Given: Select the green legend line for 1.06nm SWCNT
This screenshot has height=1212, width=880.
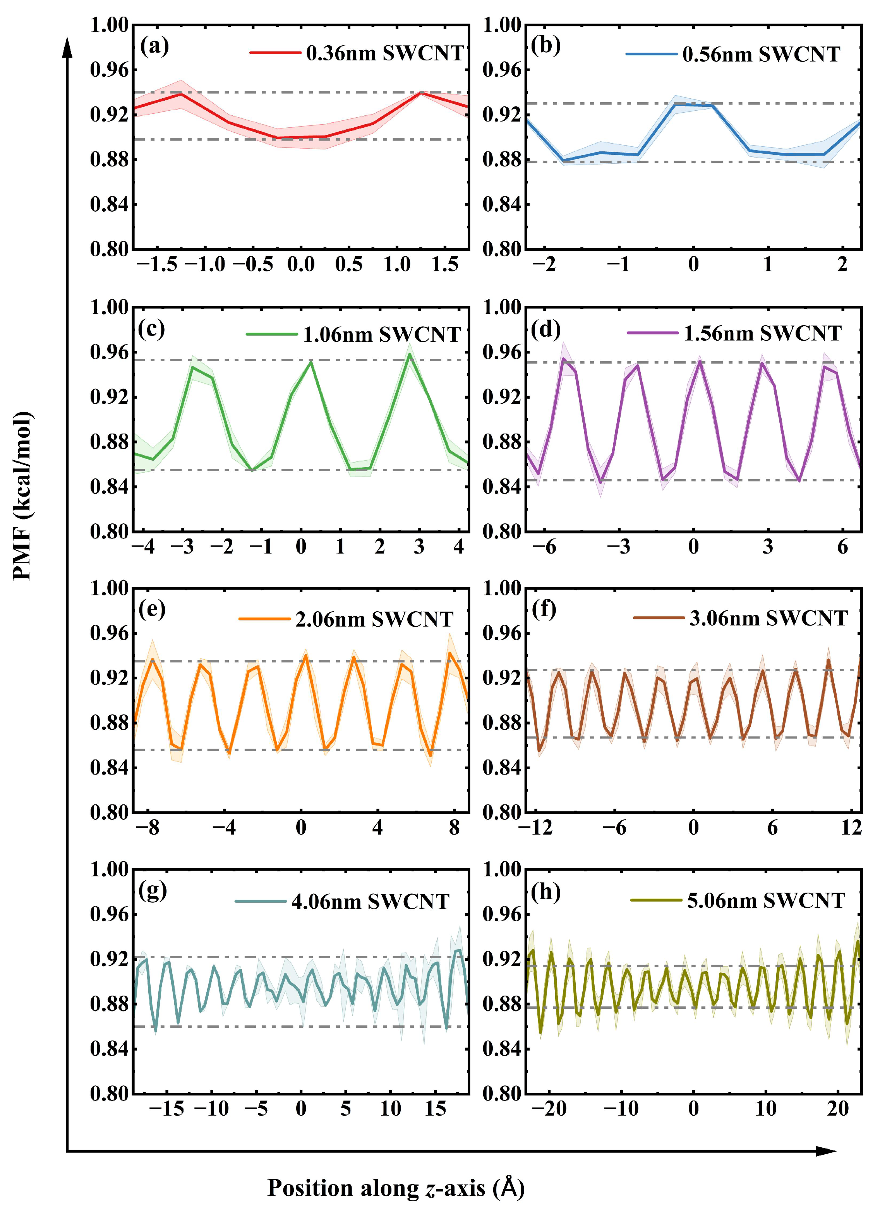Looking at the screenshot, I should click(272, 334).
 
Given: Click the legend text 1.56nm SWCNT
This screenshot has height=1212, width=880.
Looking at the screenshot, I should click(762, 333).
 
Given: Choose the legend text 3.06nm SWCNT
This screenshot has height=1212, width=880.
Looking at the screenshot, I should click(768, 618).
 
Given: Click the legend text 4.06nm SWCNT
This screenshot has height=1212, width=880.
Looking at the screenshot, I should click(370, 902).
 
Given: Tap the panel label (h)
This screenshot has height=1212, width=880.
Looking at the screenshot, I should click(546, 892).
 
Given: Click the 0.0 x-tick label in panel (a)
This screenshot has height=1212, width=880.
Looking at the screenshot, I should click(301, 264).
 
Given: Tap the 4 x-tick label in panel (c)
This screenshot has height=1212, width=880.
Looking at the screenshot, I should click(458, 546).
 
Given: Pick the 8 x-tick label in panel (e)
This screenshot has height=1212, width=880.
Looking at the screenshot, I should click(454, 828).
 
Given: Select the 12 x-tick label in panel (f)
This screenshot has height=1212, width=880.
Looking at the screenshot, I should click(851, 828).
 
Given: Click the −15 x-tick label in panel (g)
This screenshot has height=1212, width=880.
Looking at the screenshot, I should click(166, 1109).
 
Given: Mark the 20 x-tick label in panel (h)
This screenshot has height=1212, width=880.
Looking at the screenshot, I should click(838, 1109).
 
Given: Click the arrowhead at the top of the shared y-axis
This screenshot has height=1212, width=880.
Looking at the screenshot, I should click(67, 45).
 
